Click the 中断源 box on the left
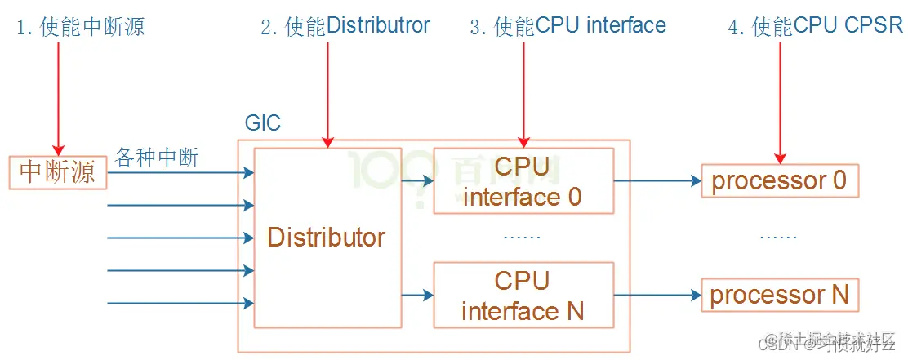pyautogui.click(x=58, y=172)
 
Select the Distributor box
pyautogui.click(x=327, y=238)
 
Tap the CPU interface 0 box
pyautogui.click(x=523, y=181)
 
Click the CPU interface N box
pyautogui.click(x=523, y=296)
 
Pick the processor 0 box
pyautogui.click(x=779, y=180)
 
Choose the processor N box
pyautogui.click(x=779, y=294)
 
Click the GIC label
pyautogui.click(x=262, y=124)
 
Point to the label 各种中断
pyautogui.click(x=158, y=158)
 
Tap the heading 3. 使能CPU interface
pyautogui.click(x=568, y=26)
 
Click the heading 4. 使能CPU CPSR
pyautogui.click(x=815, y=26)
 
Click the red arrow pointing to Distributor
pyautogui.click(x=327, y=94)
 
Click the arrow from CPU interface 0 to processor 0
pyautogui.click(x=657, y=181)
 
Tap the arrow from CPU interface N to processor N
pyautogui.click(x=657, y=295)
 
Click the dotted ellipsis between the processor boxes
pyautogui.click(x=777, y=237)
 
